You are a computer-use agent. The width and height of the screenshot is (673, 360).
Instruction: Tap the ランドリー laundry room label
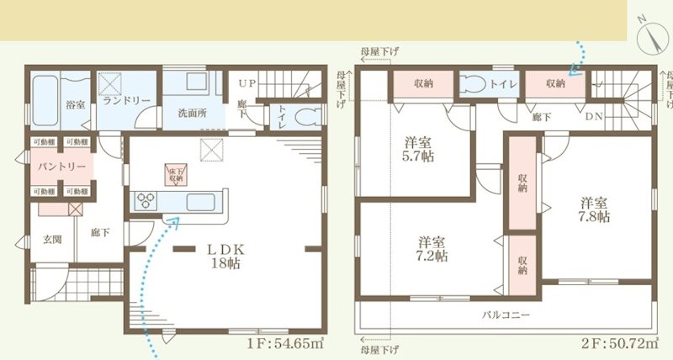(x=127, y=100)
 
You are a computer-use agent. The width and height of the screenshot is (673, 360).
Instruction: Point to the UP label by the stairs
(x=246, y=84)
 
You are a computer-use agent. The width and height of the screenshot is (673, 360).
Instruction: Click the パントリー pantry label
(x=60, y=166)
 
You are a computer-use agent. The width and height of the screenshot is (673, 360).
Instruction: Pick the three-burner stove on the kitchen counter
(x=146, y=201)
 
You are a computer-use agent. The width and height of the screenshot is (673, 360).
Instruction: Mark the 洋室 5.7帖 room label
(x=417, y=149)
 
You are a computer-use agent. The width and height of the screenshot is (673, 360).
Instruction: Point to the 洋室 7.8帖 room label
(x=594, y=209)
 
